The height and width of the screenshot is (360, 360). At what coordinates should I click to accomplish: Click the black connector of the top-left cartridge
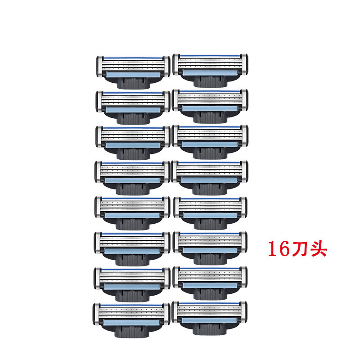click(133, 83)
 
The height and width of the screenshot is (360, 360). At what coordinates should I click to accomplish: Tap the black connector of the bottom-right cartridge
click(210, 330)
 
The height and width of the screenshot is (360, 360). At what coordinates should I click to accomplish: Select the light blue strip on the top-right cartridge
click(210, 72)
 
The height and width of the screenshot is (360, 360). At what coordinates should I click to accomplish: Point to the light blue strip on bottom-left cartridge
click(131, 322)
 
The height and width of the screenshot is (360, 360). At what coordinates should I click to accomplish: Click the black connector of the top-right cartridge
click(210, 81)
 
